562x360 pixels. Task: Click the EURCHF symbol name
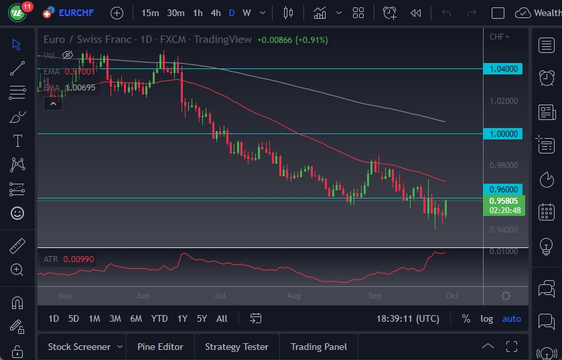click(79, 13)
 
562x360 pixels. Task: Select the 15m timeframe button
click(150, 13)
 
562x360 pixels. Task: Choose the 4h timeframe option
click(215, 13)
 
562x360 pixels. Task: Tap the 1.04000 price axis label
click(505, 69)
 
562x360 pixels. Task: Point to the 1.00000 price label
click(505, 134)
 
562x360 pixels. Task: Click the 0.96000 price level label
click(505, 189)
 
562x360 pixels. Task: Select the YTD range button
click(159, 318)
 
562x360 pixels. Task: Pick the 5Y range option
click(202, 318)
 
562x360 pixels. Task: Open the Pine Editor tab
click(160, 347)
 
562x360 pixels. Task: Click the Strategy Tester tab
click(236, 347)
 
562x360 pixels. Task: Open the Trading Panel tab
click(318, 347)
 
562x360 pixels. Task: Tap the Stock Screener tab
click(79, 347)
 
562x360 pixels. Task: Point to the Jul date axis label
click(219, 296)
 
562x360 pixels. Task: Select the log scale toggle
click(486, 318)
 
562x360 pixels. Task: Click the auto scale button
click(511, 318)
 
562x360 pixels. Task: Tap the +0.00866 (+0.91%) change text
click(292, 40)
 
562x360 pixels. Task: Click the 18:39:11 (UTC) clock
click(408, 318)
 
